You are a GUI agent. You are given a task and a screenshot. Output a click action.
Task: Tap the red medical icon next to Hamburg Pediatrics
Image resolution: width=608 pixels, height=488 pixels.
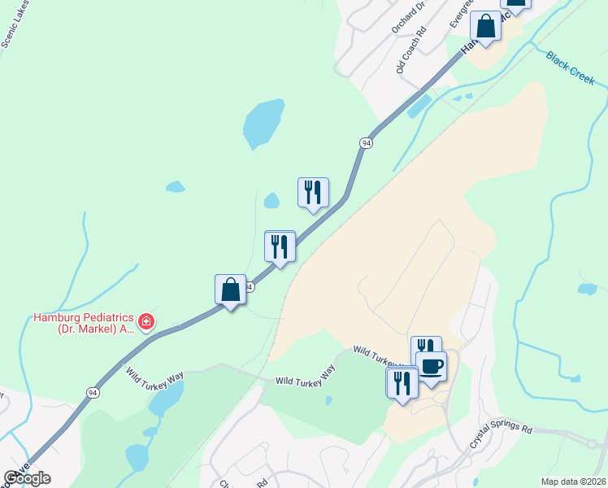coord(146,323)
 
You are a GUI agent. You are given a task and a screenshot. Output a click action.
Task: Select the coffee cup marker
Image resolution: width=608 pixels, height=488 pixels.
coord(431,365)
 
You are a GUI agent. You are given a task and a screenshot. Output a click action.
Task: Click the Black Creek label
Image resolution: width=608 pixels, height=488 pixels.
coord(571,68)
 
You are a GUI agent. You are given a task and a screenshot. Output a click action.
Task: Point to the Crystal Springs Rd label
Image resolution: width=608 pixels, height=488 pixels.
coord(501,436)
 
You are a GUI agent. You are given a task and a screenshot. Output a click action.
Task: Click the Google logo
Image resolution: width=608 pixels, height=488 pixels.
coord(28,478)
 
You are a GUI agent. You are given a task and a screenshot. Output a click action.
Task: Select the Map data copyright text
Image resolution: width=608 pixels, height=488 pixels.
coord(572,481)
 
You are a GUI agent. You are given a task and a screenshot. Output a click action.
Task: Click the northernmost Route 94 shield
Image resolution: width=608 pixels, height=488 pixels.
coord(367,142)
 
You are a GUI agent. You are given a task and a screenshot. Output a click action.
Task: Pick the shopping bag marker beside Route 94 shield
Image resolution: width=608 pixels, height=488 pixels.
coord(231,290)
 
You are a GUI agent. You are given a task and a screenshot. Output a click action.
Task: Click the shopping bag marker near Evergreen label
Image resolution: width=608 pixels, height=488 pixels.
coord(486,26)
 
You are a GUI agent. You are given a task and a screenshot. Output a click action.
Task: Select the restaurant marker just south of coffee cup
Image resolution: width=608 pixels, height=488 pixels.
coord(402,382)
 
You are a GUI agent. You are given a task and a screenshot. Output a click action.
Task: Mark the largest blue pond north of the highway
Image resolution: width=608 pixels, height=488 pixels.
coord(263,123)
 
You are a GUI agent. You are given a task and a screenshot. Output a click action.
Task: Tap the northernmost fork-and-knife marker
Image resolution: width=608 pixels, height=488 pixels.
coord(313,193)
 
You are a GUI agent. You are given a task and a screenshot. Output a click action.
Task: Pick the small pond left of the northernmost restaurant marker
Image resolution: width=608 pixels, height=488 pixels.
coord(271,200)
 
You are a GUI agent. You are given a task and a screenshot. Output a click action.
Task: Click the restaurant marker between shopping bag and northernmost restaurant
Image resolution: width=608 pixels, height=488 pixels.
coord(280,246)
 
